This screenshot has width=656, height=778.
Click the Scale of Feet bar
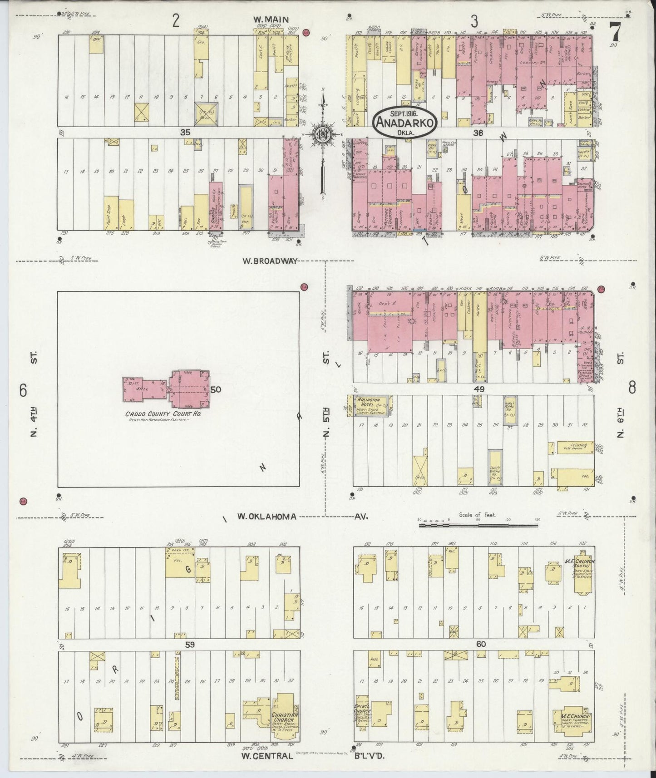coord(478,525)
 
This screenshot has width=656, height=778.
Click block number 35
coord(185,132)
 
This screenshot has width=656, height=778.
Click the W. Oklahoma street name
coord(267,517)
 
